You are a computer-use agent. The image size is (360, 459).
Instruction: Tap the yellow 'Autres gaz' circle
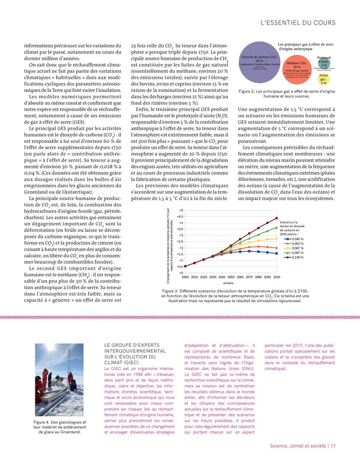pyautogui.click(x=340, y=79)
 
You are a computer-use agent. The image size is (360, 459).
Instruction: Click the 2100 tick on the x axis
pyautogui.click(x=276, y=277)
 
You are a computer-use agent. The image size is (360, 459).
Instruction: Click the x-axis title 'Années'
pyautogui.click(x=228, y=282)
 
